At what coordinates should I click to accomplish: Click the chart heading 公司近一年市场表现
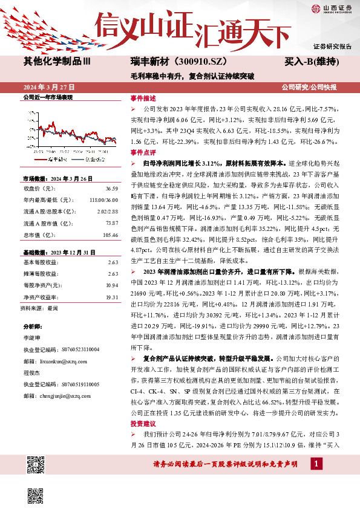(47, 97)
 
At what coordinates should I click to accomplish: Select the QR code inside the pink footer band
(37, 466)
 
